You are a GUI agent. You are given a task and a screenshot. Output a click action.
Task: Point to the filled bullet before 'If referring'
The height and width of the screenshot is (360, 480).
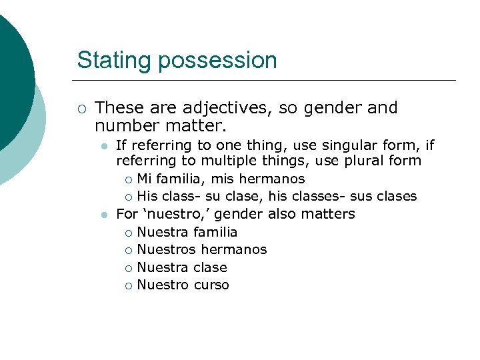103,145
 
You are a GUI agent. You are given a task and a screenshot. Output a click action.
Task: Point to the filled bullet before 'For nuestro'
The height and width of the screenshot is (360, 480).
103,215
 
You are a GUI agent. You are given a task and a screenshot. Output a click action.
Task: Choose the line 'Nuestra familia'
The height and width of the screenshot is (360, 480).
187,232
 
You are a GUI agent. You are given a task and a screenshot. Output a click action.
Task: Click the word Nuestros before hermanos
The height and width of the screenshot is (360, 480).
166,249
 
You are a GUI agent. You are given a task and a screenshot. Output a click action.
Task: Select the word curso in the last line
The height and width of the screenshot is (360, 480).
211,285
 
